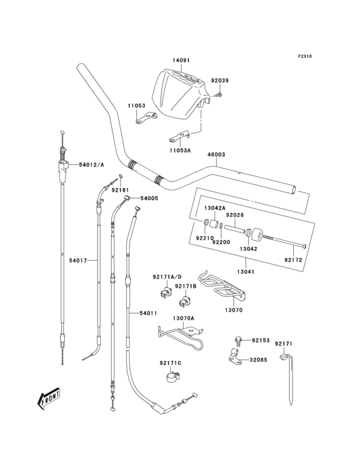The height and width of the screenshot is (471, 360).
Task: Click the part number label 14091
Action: click(x=181, y=60)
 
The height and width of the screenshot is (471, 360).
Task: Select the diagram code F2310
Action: click(x=305, y=56)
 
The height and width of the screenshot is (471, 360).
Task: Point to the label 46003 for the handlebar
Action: click(x=216, y=154)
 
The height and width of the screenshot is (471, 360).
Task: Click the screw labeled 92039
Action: click(x=219, y=95)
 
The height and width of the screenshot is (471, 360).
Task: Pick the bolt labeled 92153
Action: click(x=239, y=340)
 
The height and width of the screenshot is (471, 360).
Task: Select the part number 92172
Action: click(x=293, y=260)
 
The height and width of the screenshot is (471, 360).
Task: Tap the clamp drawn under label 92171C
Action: click(x=172, y=376)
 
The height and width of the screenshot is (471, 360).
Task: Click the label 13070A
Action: click(x=183, y=318)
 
